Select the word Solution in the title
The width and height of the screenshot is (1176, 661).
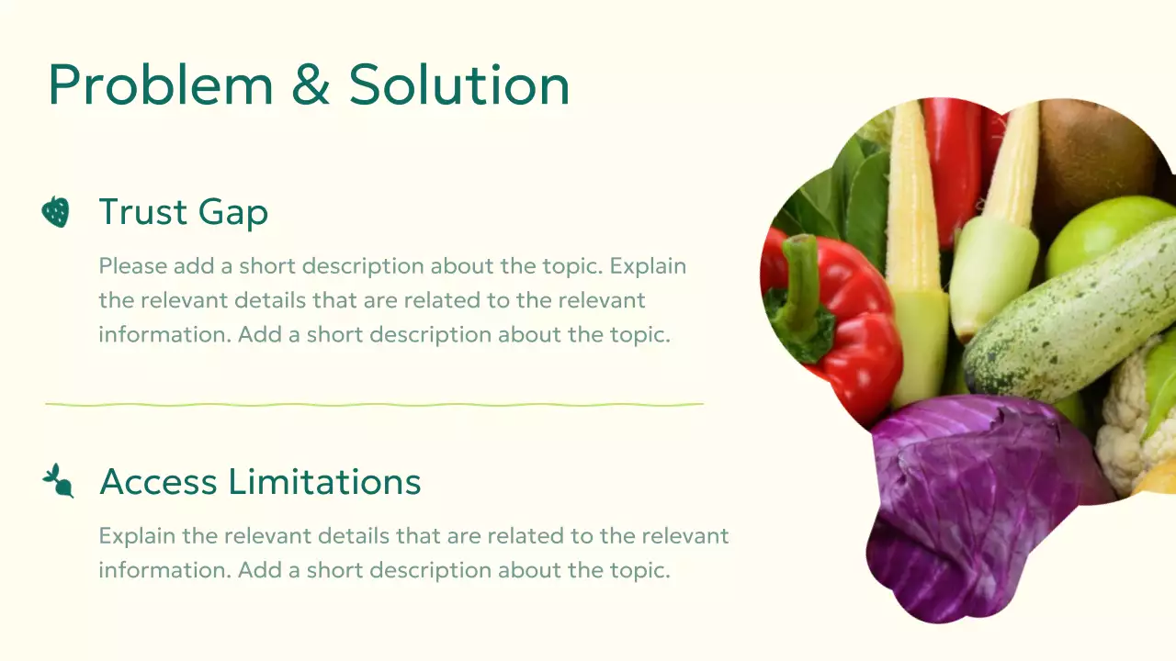(458, 84)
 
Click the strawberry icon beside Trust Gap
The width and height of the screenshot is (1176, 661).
(56, 212)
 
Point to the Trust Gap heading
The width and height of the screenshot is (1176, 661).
(184, 212)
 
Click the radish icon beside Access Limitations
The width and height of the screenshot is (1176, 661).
(58, 481)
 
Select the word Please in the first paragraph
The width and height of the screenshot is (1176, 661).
(133, 266)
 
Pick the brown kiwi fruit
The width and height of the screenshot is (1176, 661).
(1093, 156)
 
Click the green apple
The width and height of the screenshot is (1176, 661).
(1102, 239)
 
